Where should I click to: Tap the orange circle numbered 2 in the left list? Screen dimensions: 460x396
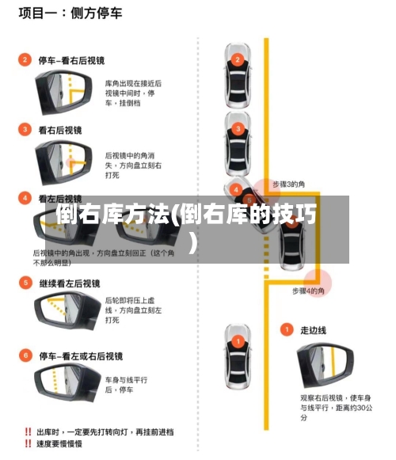[25, 59]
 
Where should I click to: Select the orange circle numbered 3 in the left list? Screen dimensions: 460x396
[25, 129]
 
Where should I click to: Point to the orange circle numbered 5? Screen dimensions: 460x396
[25, 283]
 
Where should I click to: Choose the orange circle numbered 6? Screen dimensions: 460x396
[25, 355]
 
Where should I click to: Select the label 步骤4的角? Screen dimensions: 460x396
[308, 291]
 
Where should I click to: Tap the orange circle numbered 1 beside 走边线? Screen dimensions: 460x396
[287, 329]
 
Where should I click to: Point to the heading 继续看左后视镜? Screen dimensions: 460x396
[70, 283]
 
